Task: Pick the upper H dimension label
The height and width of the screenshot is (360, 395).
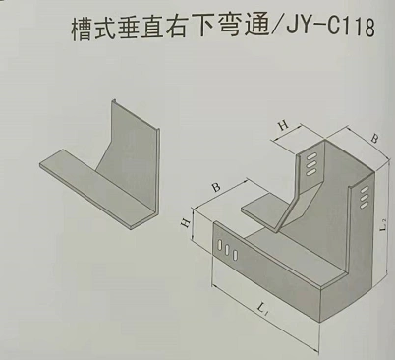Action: (283, 127)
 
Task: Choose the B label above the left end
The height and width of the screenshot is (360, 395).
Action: (215, 187)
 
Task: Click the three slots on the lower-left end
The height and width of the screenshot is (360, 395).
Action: (227, 251)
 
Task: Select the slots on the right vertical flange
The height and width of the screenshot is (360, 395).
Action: (363, 196)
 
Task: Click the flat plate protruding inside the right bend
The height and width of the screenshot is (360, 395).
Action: (263, 209)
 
